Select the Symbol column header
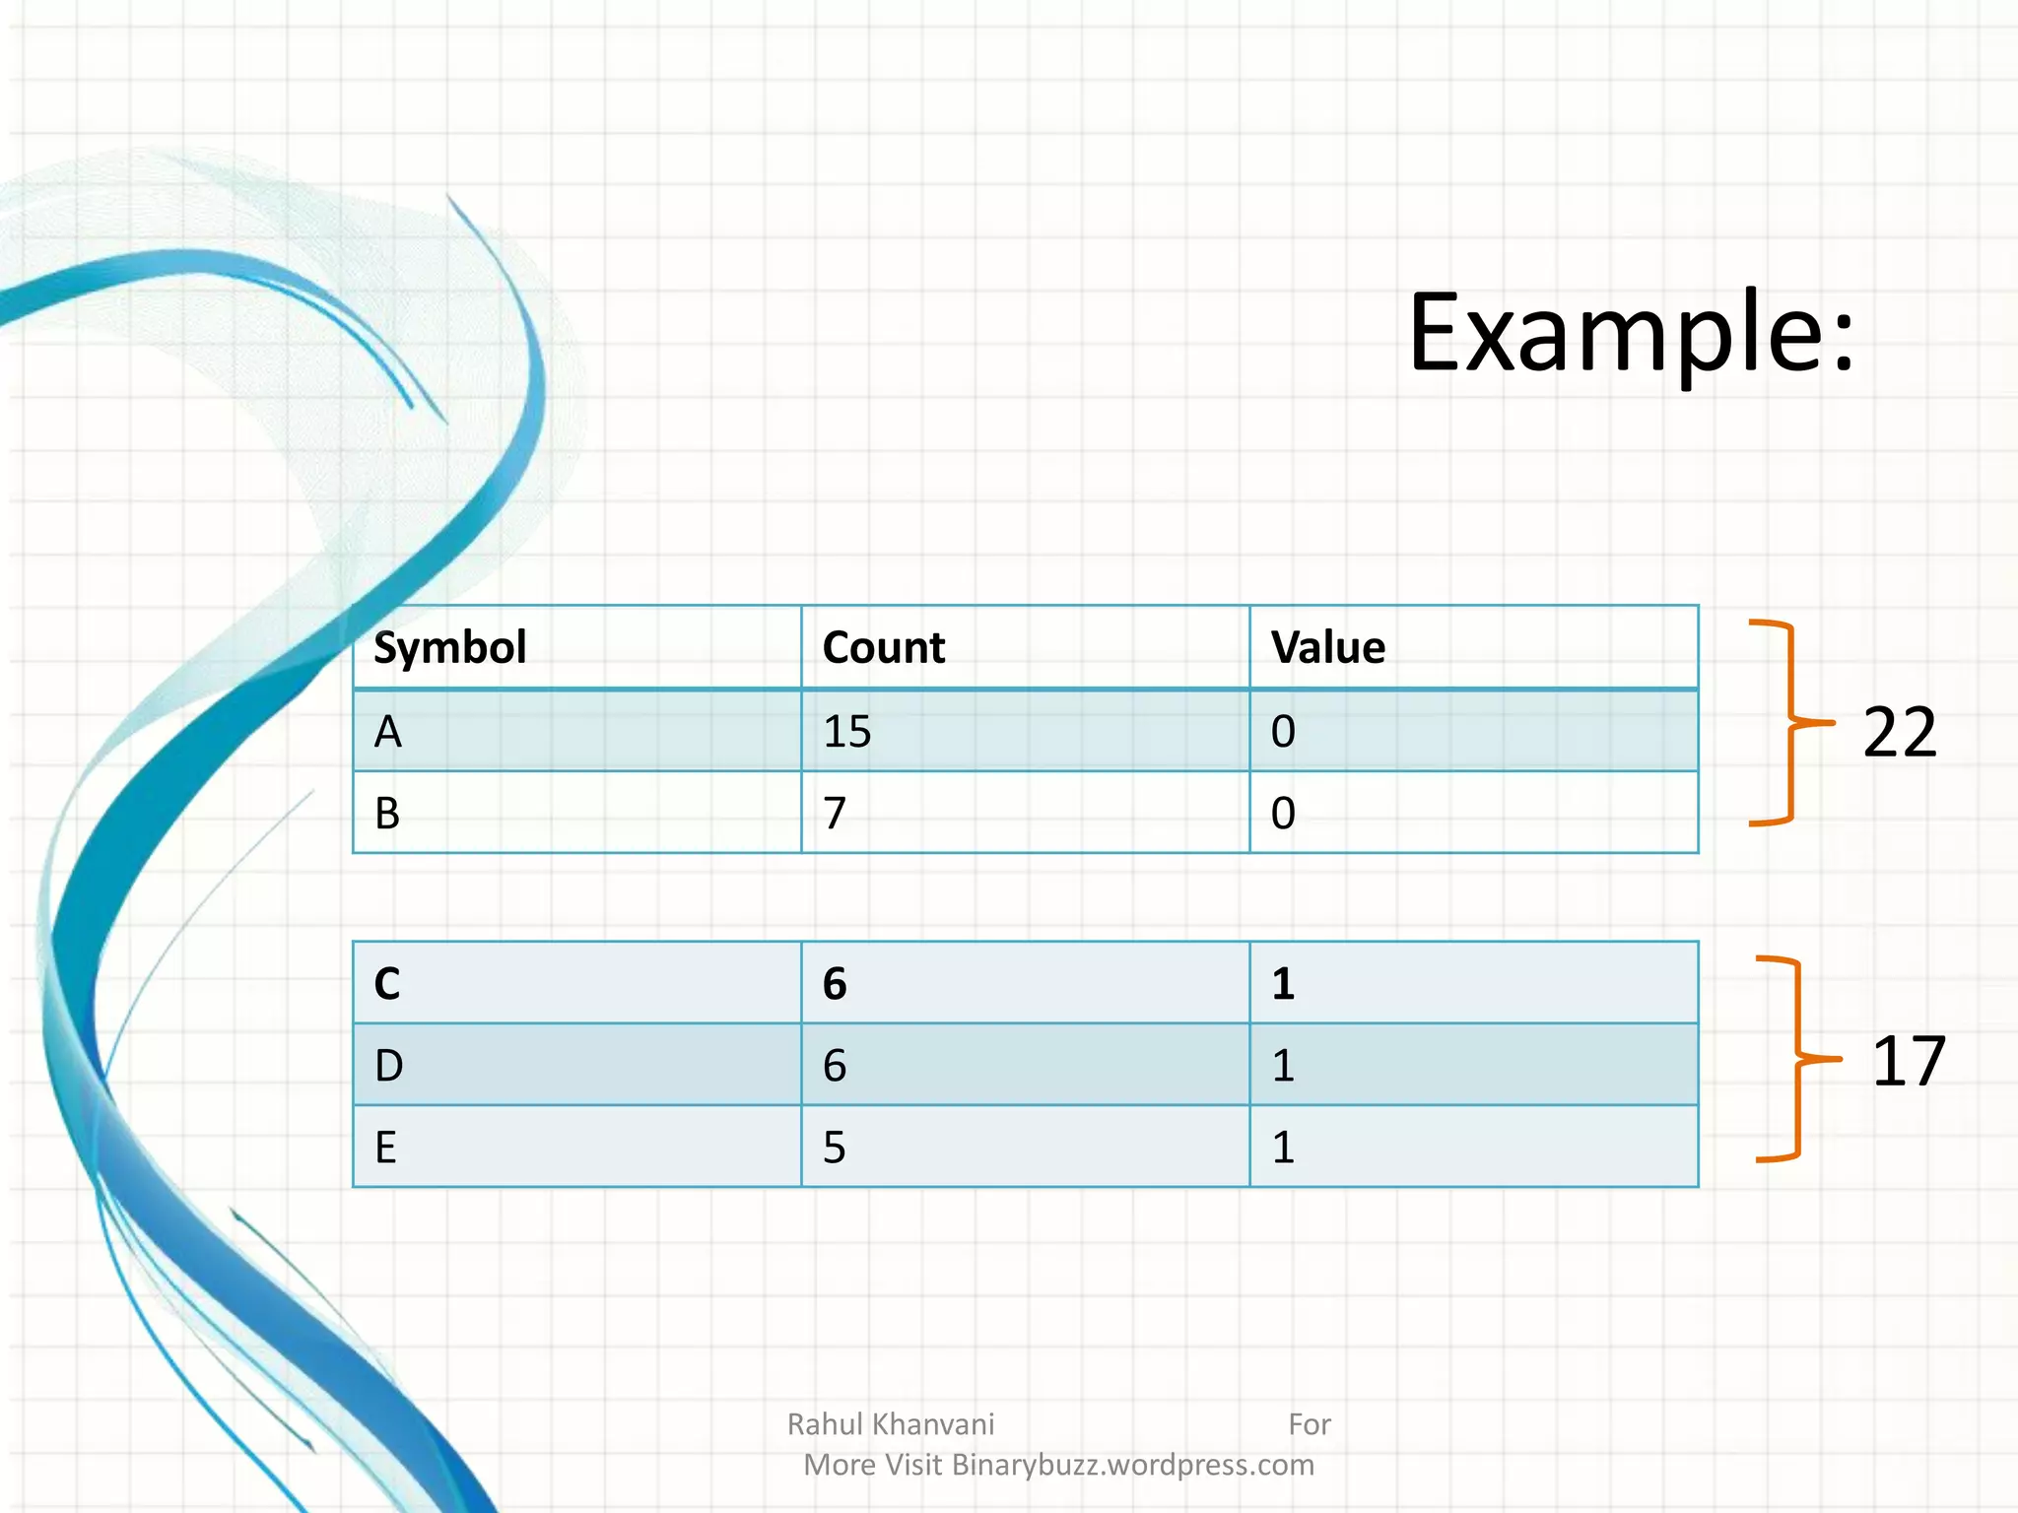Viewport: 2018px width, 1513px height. pyautogui.click(x=450, y=648)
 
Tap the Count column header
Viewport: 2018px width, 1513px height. pyautogui.click(x=884, y=648)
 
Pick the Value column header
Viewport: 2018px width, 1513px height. pyautogui.click(x=1328, y=648)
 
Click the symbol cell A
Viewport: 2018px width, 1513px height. pyautogui.click(x=388, y=732)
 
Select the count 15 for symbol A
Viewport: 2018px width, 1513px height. pyautogui.click(x=847, y=732)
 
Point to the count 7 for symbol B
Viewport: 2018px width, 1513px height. pyautogui.click(x=835, y=814)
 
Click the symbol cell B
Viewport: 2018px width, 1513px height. pyautogui.click(x=387, y=814)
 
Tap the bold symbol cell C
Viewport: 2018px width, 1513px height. pyautogui.click(x=387, y=984)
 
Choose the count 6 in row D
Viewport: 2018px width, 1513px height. pyautogui.click(x=835, y=1066)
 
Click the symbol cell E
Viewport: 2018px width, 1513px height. pyautogui.click(x=386, y=1148)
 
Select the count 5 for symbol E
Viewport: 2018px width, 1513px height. pyautogui.click(x=835, y=1148)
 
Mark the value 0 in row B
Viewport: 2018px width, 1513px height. pyautogui.click(x=1283, y=814)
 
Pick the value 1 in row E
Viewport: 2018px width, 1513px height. pyautogui.click(x=1283, y=1148)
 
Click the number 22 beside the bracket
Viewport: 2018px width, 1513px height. pyautogui.click(x=1900, y=733)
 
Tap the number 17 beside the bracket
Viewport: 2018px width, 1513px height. pyautogui.click(x=1908, y=1062)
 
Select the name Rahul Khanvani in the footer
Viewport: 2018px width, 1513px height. pyautogui.click(x=891, y=1424)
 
